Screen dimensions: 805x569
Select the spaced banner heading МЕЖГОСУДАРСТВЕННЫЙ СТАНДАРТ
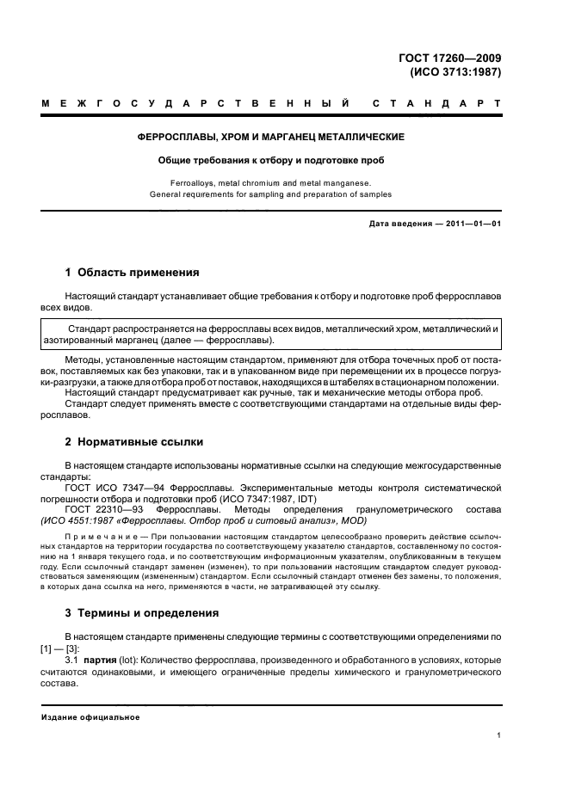271,105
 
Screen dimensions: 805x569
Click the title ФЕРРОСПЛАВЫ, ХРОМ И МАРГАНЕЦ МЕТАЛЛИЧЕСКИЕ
271,137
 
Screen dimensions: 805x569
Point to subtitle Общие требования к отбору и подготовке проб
271,160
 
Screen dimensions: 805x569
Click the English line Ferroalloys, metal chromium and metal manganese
271,182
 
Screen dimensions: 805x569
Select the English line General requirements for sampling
271,194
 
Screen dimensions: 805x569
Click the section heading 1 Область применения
133,273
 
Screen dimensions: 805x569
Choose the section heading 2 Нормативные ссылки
134,442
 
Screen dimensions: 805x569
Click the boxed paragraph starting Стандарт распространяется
271,335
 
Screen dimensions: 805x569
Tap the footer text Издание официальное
90,716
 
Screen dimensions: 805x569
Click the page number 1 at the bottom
499,735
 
